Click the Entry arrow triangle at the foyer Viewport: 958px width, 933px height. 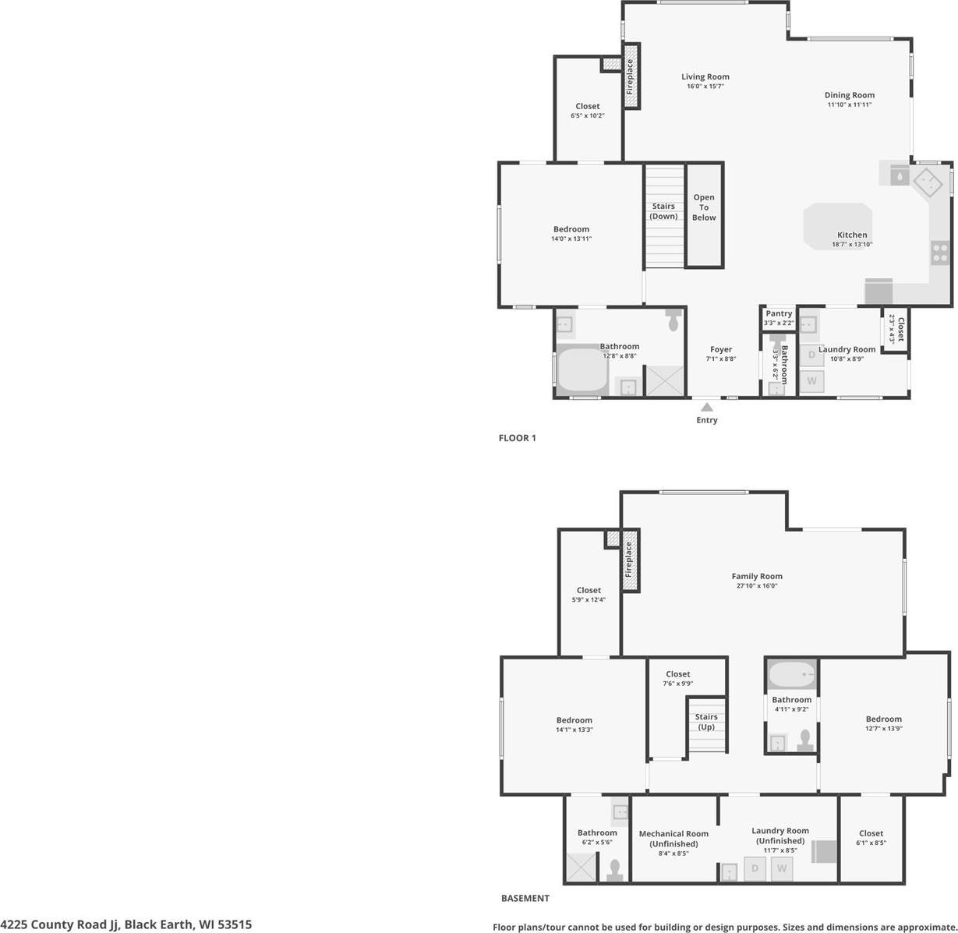click(706, 406)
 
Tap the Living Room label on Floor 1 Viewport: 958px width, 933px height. click(705, 77)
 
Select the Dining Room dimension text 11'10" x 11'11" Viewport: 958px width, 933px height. click(849, 104)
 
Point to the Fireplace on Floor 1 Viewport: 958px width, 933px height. click(631, 76)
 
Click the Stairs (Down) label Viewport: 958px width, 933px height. click(663, 211)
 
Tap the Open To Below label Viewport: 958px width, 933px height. click(704, 207)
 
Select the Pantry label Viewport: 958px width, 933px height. click(778, 313)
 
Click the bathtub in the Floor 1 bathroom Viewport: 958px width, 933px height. click(582, 371)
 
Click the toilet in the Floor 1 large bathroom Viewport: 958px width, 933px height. click(673, 320)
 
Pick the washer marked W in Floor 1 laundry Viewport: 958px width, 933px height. click(811, 381)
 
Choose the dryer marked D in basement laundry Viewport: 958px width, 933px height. click(755, 868)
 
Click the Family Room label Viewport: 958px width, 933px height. click(756, 577)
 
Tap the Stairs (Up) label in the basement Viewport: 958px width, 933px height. click(706, 722)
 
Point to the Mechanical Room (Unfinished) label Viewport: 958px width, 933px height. click(673, 839)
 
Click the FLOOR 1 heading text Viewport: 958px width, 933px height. click(517, 438)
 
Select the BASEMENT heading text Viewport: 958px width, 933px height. click(525, 898)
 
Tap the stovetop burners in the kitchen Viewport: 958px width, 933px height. click(940, 253)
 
